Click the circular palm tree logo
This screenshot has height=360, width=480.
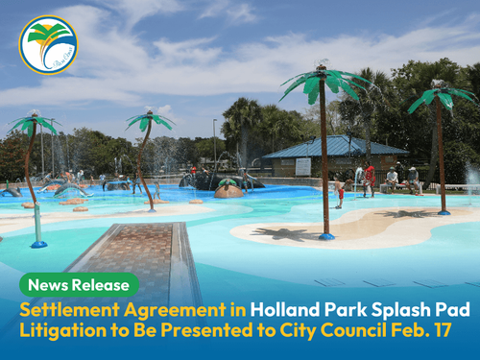(48, 45)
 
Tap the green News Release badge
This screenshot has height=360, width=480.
(80, 285)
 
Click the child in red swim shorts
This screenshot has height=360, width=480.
(340, 192)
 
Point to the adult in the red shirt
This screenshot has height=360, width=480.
(370, 178)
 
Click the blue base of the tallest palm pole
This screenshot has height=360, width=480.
(326, 235)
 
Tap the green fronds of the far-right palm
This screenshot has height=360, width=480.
(441, 97)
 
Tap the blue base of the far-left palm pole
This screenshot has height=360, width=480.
(38, 244)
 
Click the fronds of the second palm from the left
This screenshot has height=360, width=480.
(149, 121)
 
